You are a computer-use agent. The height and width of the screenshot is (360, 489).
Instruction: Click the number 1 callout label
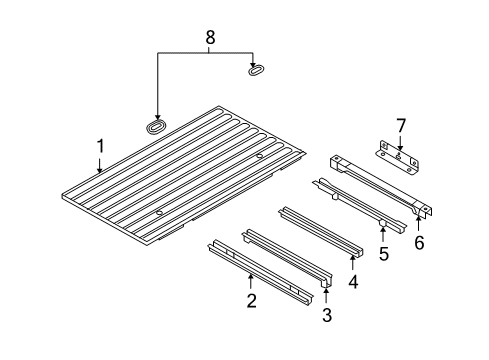(100, 147)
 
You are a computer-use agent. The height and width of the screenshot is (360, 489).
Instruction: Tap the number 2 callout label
(251, 300)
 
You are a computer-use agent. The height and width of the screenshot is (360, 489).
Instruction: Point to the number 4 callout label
(352, 283)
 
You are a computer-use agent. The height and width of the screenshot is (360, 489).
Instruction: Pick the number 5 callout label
(384, 255)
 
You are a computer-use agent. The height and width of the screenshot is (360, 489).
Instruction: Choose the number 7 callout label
(399, 125)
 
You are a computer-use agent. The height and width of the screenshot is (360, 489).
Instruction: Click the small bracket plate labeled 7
(397, 152)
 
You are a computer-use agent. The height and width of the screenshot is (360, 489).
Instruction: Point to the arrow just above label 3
(326, 297)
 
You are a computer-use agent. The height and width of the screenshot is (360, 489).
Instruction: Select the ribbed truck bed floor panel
(180, 170)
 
